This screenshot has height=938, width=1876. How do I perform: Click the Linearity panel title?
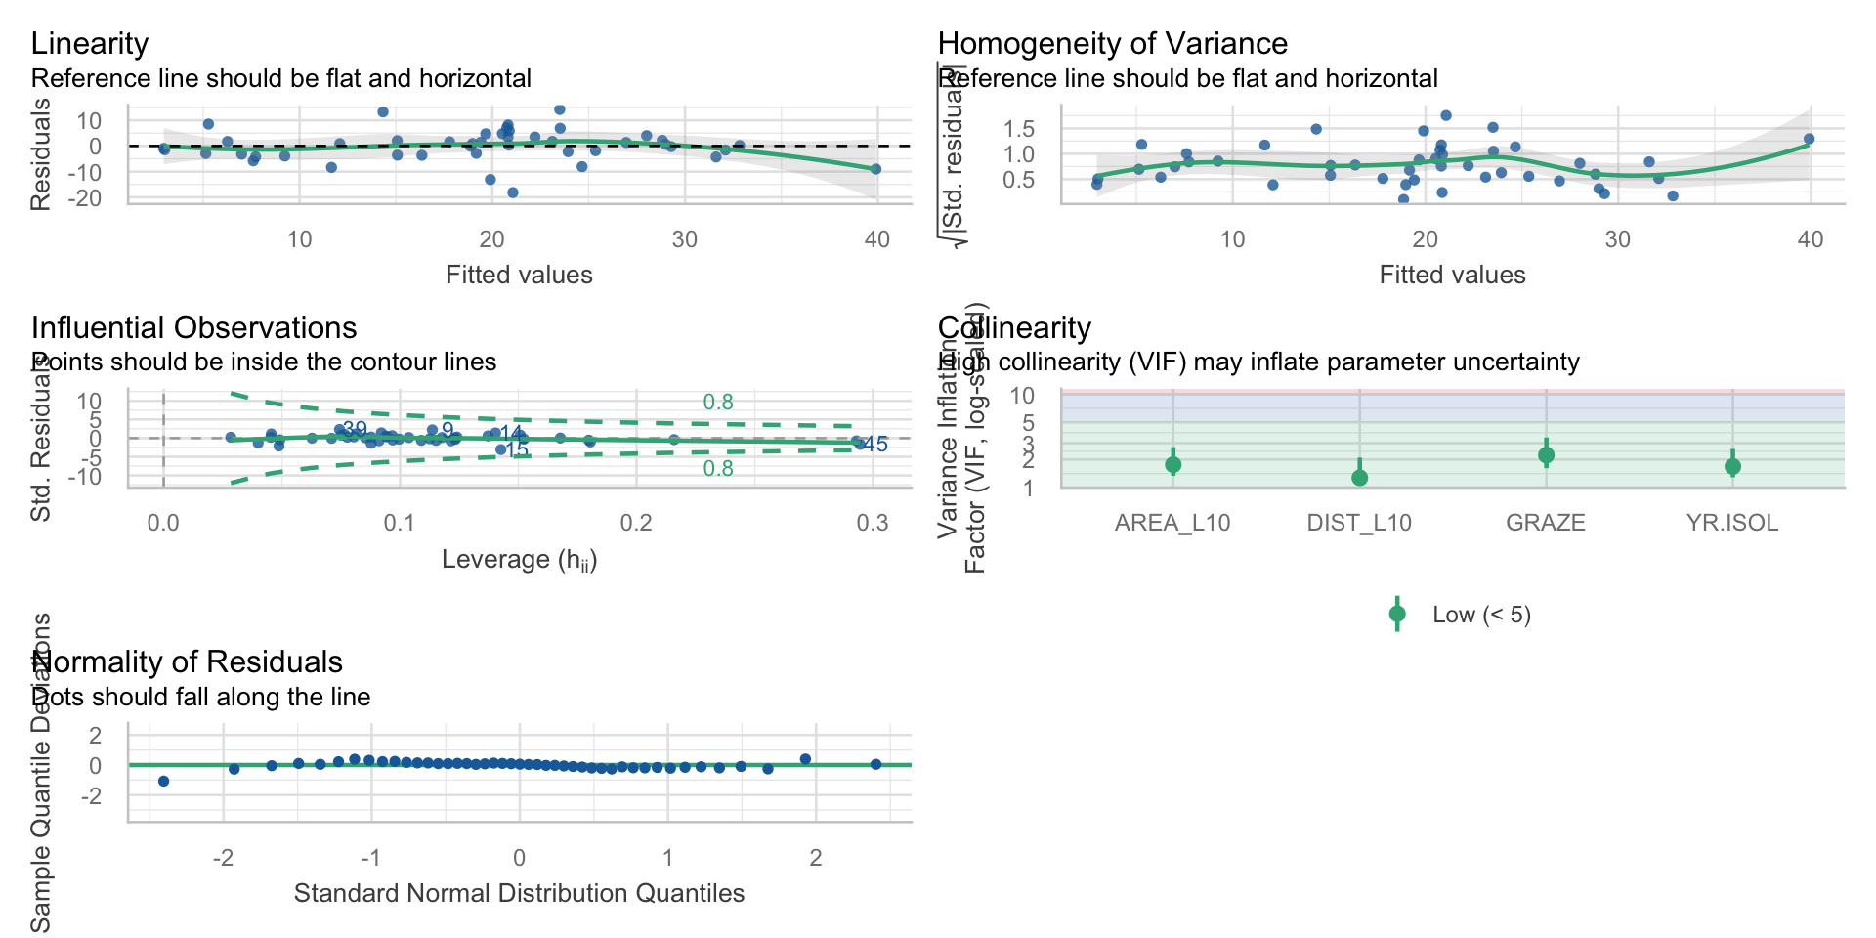(x=90, y=44)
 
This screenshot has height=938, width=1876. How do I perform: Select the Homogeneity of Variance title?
(x=1112, y=44)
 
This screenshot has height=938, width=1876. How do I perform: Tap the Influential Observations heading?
(x=193, y=328)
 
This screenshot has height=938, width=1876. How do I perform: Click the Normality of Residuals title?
(x=187, y=662)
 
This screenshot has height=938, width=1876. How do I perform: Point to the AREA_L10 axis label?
(x=1172, y=523)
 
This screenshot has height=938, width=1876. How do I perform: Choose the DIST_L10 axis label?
(x=1359, y=523)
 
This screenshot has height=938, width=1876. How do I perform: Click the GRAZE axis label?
(x=1546, y=523)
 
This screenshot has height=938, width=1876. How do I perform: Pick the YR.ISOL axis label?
(x=1732, y=523)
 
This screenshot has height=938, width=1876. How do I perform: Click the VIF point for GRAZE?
(x=1546, y=455)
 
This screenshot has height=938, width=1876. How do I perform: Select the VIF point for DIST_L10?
(x=1359, y=478)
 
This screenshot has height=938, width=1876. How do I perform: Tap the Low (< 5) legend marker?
(x=1397, y=615)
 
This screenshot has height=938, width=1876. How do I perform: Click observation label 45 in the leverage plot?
(x=876, y=446)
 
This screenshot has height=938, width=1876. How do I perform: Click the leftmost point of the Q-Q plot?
(x=163, y=781)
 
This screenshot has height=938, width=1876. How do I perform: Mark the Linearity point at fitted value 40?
(x=876, y=169)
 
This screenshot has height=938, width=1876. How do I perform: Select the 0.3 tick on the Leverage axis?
(x=873, y=524)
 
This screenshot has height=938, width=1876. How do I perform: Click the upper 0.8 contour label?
(x=718, y=403)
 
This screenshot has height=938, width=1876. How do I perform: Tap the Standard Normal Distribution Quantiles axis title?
(x=519, y=894)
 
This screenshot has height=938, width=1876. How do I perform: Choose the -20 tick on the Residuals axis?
(x=88, y=198)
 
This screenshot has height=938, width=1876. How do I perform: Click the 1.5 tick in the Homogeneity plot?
(x=1019, y=129)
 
